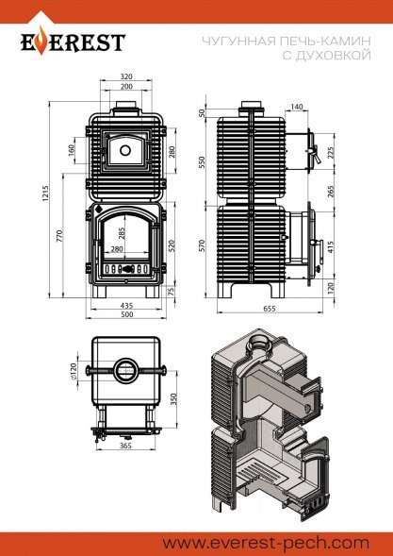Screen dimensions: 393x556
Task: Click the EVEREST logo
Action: pos(73,42)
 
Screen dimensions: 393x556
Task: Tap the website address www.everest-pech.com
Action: pos(266,543)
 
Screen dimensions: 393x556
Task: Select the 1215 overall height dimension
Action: pos(45,194)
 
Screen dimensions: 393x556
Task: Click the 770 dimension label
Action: pos(59,236)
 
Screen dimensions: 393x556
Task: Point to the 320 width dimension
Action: pos(126,76)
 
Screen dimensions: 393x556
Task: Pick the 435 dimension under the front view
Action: pos(126,305)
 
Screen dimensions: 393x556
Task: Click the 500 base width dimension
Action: pos(126,314)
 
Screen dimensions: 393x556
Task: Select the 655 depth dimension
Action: pos(270,309)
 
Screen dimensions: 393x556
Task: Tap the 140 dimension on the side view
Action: pos(296,107)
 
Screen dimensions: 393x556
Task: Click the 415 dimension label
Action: pos(331,248)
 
